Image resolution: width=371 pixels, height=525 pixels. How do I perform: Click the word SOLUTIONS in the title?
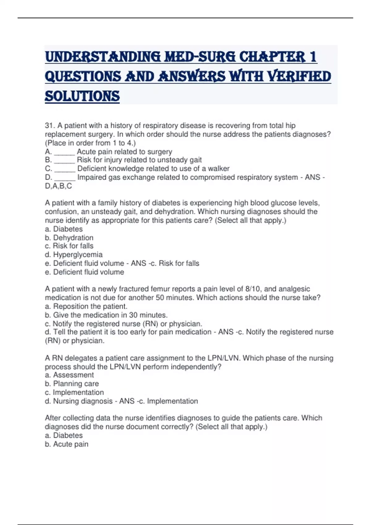82,96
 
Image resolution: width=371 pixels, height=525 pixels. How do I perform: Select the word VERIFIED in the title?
299,77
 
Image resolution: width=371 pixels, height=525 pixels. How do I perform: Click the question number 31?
49,125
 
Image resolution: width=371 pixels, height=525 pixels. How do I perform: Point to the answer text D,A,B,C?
58,186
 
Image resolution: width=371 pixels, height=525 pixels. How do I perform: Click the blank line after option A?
64,152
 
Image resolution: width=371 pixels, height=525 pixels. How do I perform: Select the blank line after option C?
65,169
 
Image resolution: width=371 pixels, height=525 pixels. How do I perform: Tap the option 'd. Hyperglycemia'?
74,254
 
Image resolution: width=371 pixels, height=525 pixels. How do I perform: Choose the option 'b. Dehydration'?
69,237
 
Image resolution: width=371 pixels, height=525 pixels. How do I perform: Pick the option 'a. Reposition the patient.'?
86,306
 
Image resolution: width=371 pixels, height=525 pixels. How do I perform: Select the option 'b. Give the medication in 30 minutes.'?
106,315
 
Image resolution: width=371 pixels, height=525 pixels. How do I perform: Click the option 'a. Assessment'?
69,375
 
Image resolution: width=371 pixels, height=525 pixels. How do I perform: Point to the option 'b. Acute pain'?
66,444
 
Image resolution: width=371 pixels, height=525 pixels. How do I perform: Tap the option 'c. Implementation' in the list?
74,392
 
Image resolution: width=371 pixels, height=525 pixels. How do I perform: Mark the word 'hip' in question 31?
290,125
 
